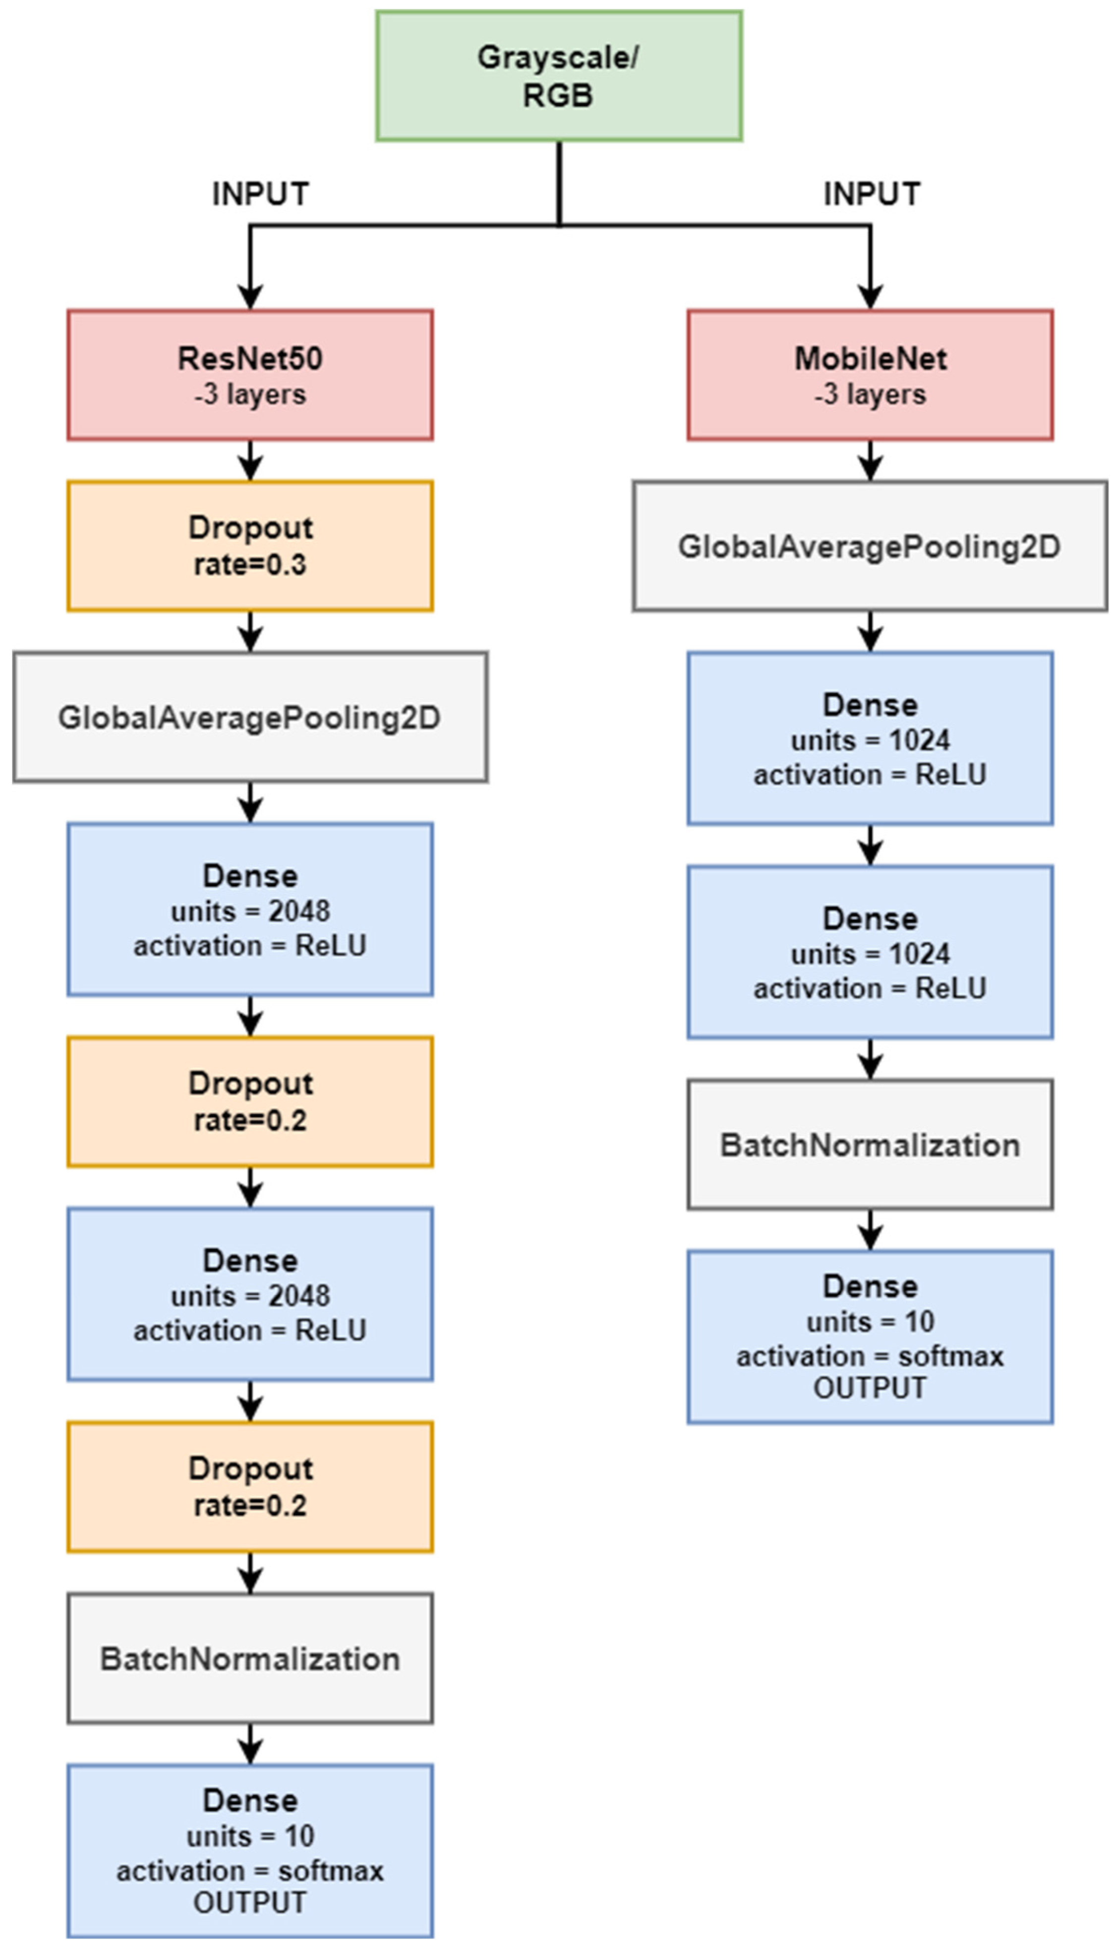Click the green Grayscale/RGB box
[x=559, y=76]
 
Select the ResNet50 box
[x=250, y=375]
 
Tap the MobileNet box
[x=870, y=375]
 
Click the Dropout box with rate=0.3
[x=250, y=546]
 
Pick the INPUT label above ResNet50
[x=260, y=194]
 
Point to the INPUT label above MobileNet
[x=872, y=194]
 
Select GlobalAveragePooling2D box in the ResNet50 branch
[x=250, y=717]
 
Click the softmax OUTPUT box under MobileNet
[x=870, y=1337]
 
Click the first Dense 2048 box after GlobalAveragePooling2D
[x=250, y=909]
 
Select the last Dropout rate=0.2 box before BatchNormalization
[x=250, y=1487]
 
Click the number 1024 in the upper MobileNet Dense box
[x=919, y=740]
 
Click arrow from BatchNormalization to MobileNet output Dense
[x=870, y=1229]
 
